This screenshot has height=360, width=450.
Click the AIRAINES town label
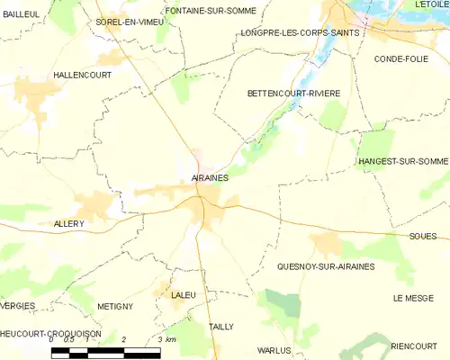pos(210,178)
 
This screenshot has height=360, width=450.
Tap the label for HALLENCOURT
pos(82,75)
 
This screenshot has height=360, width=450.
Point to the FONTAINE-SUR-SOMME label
pos(211,11)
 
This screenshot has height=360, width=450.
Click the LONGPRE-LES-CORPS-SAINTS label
pos(300,32)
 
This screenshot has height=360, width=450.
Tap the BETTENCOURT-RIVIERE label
pos(293,93)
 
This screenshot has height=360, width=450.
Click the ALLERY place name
pos(68,223)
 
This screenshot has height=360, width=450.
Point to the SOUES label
pos(422,237)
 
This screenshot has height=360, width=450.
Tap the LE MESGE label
pos(414,298)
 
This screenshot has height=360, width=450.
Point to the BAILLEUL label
pos(21,14)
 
